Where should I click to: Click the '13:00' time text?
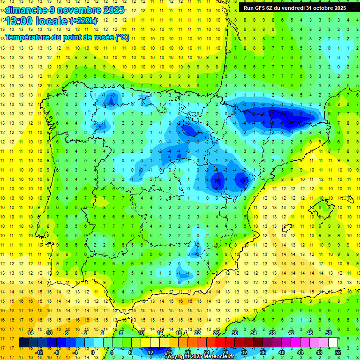pyautogui.click(x=19, y=21)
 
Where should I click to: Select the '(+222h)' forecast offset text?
pyautogui.click(x=83, y=21)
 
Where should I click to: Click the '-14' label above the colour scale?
pyautogui.click(x=30, y=333)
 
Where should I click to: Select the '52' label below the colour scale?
pyautogui.click(x=337, y=352)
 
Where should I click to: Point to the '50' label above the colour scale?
pyautogui.click(x=329, y=333)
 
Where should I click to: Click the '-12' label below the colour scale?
pyautogui.click(x=39, y=352)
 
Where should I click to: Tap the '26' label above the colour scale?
pyautogui.click(x=216, y=333)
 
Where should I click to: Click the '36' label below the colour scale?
pyautogui.click(x=262, y=352)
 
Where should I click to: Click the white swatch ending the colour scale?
pyautogui.click(x=333, y=342)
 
